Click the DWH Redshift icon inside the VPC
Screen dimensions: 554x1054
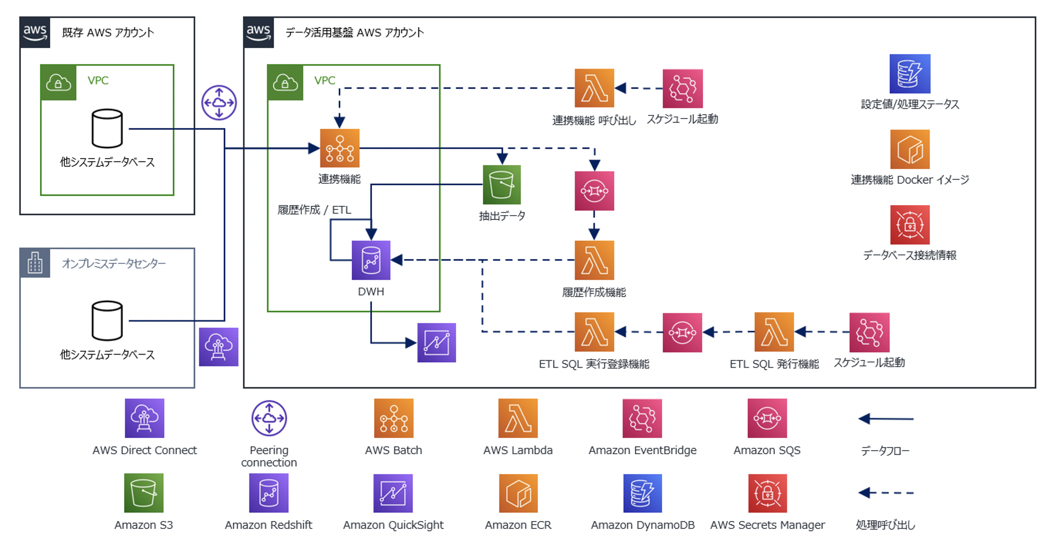(x=370, y=260)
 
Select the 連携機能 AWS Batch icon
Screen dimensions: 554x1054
(x=340, y=148)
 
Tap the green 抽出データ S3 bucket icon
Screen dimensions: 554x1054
(x=501, y=185)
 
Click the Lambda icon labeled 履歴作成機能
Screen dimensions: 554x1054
(x=594, y=260)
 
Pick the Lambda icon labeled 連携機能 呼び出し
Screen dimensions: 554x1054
(x=594, y=88)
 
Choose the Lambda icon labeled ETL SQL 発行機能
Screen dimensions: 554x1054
(x=774, y=332)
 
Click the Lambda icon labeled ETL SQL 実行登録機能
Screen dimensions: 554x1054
(x=594, y=332)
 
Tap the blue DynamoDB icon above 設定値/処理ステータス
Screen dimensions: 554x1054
(x=909, y=74)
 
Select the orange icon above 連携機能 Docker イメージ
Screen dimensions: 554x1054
(x=909, y=149)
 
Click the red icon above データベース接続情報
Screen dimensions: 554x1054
(x=909, y=225)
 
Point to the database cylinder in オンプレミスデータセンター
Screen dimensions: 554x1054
(x=107, y=321)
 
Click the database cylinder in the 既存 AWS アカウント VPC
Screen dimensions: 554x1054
(x=107, y=128)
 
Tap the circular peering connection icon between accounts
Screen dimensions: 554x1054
(x=219, y=103)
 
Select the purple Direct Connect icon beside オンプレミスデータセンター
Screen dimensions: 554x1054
(x=219, y=347)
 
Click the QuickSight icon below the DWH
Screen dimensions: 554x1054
(x=436, y=343)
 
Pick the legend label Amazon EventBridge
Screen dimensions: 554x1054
(x=642, y=450)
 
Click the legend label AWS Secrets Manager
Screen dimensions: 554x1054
(x=767, y=525)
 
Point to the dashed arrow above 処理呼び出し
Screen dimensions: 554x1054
(x=885, y=492)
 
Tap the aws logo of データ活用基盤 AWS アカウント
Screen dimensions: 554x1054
(x=259, y=32)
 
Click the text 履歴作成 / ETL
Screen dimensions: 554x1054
(x=314, y=210)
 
